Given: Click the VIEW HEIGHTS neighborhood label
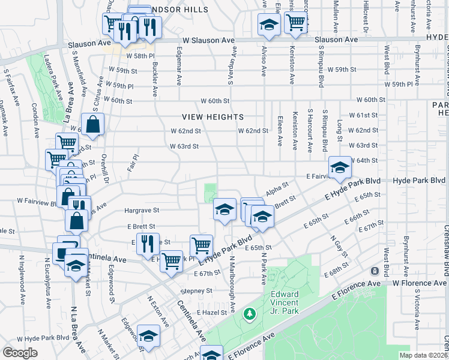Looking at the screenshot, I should click(x=214, y=117).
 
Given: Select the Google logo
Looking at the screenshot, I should click(x=20, y=353).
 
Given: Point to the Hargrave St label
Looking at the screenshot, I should click(x=141, y=211).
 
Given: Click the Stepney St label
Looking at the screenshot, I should click(x=196, y=290).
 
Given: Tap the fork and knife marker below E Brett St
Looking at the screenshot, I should click(x=147, y=243).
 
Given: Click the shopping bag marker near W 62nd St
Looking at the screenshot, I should click(x=93, y=124).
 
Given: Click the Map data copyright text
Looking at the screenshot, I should click(x=424, y=355).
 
